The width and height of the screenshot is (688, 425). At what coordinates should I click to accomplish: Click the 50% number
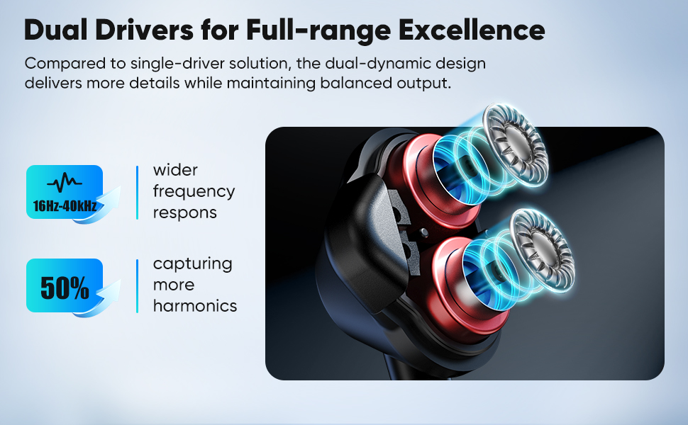pyautogui.click(x=65, y=288)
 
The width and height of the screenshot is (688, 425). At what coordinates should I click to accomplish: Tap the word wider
pyautogui.click(x=175, y=171)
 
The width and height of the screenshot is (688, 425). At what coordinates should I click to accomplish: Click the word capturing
pyautogui.click(x=193, y=264)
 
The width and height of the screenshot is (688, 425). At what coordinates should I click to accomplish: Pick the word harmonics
pyautogui.click(x=195, y=307)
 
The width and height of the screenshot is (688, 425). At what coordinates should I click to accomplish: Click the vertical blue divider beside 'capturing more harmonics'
pyautogui.click(x=137, y=285)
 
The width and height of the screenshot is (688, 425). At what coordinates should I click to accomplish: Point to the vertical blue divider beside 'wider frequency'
pyautogui.click(x=137, y=192)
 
